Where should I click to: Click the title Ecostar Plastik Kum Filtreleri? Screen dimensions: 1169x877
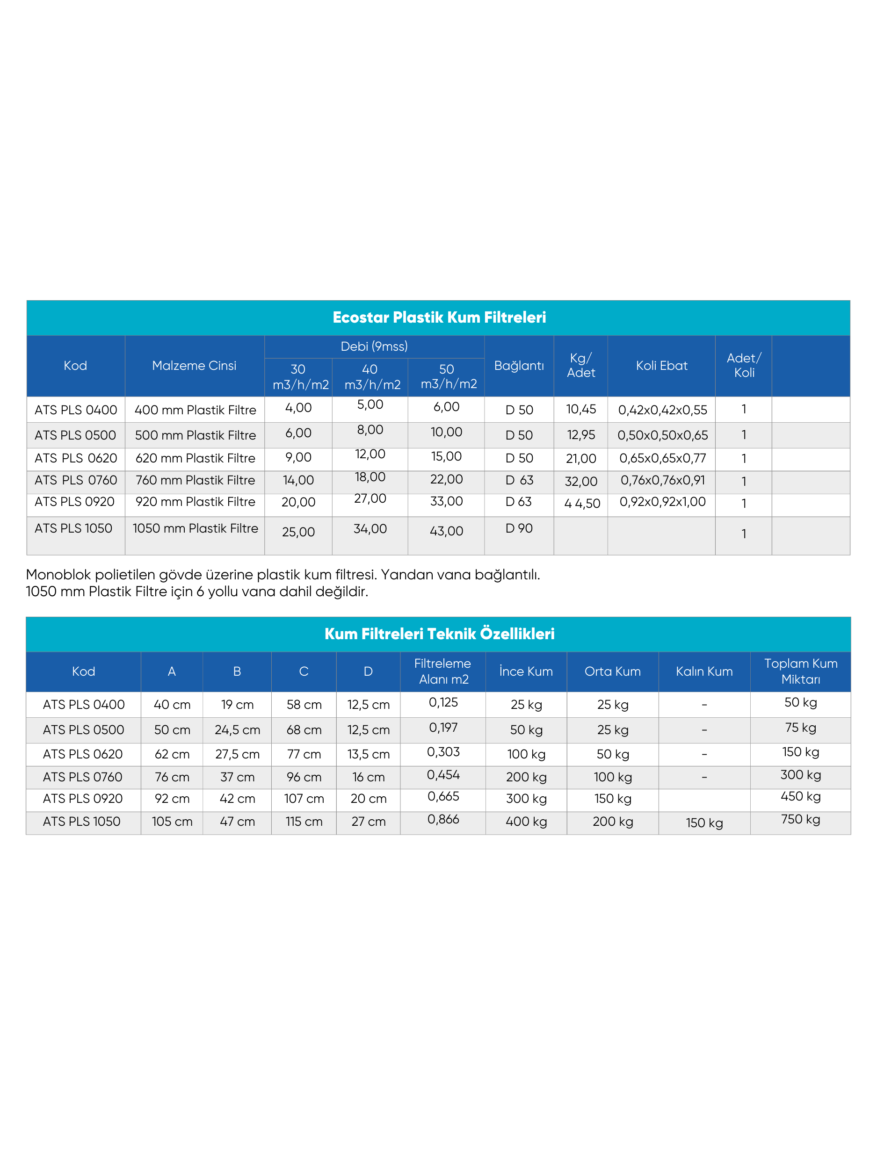pyautogui.click(x=439, y=317)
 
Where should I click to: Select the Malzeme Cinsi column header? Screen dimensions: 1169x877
pyautogui.click(x=194, y=366)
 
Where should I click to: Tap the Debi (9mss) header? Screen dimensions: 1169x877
pyautogui.click(x=374, y=346)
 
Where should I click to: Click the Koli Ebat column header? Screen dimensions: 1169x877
pyautogui.click(x=661, y=366)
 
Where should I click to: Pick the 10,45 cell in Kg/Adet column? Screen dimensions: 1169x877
pyautogui.click(x=580, y=409)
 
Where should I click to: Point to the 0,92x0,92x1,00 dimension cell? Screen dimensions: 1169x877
pyautogui.click(x=662, y=502)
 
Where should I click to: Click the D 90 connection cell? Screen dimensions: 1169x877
pyautogui.click(x=519, y=528)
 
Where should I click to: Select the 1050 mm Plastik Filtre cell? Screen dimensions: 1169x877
pyautogui.click(x=195, y=528)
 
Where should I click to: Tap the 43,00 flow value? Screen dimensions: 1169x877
pyautogui.click(x=446, y=531)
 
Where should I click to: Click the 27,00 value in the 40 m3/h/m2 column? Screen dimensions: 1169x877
pyautogui.click(x=370, y=498)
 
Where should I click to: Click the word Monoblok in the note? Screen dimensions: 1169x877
pyautogui.click(x=58, y=575)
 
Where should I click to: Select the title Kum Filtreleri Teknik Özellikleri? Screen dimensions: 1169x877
pyautogui.click(x=439, y=634)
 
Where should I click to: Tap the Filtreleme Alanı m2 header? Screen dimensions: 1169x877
pyautogui.click(x=443, y=671)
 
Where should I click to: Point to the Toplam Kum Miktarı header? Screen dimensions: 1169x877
pyautogui.click(x=800, y=671)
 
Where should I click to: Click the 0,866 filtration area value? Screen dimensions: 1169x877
pyautogui.click(x=443, y=819)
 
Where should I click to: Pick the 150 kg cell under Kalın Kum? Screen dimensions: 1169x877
pyautogui.click(x=704, y=823)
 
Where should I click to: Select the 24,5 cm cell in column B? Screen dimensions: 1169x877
pyautogui.click(x=237, y=730)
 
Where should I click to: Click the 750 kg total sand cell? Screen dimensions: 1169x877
pyautogui.click(x=800, y=819)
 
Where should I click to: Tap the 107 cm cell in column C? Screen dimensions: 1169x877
pyautogui.click(x=304, y=799)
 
